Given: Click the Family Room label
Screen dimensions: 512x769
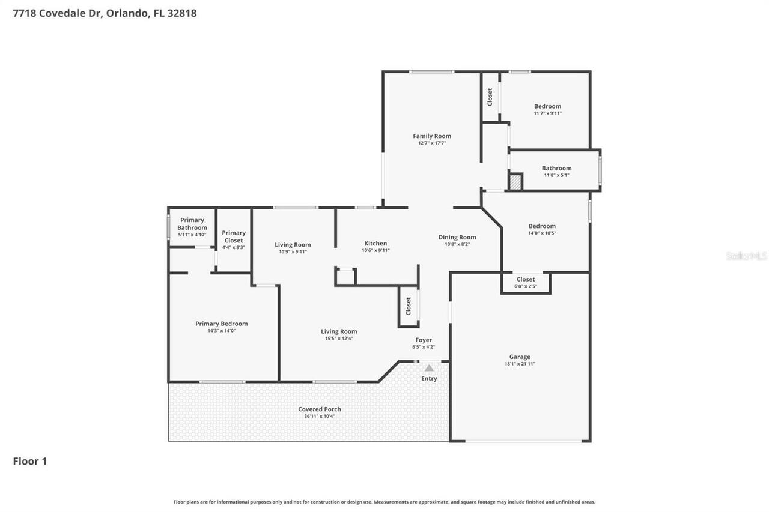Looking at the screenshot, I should point(431,136).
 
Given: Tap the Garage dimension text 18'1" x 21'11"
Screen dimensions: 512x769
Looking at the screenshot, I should point(520,364).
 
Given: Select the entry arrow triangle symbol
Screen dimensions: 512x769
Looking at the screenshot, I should point(429,368).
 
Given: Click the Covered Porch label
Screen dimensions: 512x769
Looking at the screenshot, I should point(319,409).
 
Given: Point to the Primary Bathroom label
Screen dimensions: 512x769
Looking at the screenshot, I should point(192,224).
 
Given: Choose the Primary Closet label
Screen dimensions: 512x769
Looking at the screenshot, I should point(234,236).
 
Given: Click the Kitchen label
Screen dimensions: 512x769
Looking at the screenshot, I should point(375,244).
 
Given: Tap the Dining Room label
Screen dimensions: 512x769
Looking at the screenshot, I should point(457,238).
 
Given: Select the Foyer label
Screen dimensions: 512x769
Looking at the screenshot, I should point(424,340).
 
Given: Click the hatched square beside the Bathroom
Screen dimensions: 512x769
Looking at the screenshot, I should point(515,182).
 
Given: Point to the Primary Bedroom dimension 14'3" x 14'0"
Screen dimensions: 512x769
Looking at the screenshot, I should point(221,331).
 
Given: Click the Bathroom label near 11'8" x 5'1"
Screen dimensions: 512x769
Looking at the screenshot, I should point(556,169).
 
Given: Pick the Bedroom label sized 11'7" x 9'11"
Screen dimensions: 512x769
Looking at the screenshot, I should point(547,107).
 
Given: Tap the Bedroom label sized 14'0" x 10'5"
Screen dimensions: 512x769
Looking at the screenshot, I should point(542,226).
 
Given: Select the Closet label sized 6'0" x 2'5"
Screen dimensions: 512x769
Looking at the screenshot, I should point(525,280).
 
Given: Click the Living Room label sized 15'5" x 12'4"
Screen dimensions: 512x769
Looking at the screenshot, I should point(339,331).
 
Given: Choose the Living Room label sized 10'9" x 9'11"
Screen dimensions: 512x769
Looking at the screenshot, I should point(293,245).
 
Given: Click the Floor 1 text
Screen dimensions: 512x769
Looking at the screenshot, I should point(30,461).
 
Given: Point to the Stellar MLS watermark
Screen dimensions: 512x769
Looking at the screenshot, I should point(746,256).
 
